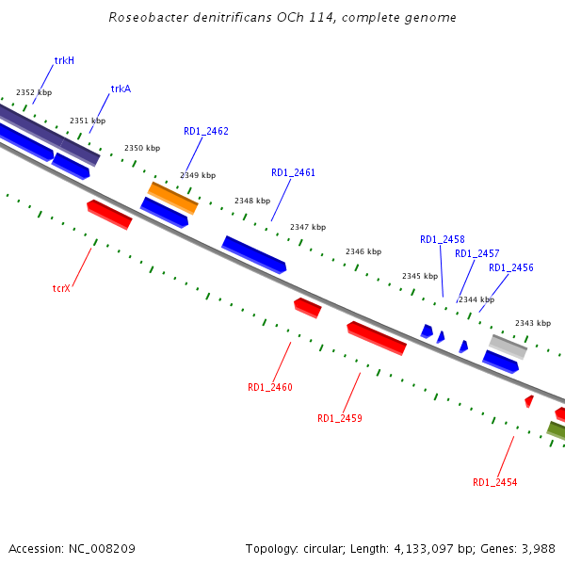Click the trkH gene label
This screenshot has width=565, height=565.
(x=64, y=60)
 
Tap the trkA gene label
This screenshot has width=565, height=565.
(x=121, y=89)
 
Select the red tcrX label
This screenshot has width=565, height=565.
(x=62, y=288)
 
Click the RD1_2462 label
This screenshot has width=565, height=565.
(x=205, y=131)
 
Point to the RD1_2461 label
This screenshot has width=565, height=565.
(x=293, y=172)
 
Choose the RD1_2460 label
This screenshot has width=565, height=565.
(x=270, y=387)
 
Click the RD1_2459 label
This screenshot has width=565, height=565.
(x=339, y=418)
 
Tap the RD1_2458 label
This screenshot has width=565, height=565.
(x=442, y=239)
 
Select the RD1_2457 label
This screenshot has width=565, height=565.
(x=476, y=253)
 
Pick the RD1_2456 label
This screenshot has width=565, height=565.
(x=510, y=267)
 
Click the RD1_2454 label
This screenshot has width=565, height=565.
(x=494, y=482)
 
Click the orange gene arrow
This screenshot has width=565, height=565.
(x=172, y=198)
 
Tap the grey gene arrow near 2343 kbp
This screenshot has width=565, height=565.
(x=508, y=346)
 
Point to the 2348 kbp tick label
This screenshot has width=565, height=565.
(x=251, y=201)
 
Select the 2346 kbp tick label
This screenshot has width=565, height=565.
(x=363, y=251)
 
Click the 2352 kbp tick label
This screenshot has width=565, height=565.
(x=33, y=92)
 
